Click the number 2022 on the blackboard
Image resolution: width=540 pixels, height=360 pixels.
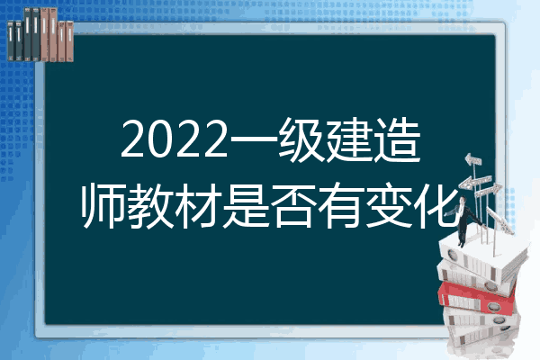tap(175, 139)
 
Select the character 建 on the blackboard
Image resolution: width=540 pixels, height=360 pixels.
tap(349, 139)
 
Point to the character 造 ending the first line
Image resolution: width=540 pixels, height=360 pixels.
tap(397, 139)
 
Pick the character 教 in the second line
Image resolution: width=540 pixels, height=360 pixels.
tap(150, 205)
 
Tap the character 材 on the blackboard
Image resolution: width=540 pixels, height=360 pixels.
tap(198, 205)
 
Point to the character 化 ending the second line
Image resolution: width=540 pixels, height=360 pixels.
tap(436, 205)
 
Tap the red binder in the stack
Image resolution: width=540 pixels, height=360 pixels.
tap(477, 298)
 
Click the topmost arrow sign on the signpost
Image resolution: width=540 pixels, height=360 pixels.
tap(473, 160)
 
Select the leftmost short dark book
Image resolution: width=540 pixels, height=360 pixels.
tap(11, 40)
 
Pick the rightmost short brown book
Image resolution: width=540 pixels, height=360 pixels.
tap(69, 41)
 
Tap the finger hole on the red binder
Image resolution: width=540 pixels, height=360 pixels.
tap(493, 306)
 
